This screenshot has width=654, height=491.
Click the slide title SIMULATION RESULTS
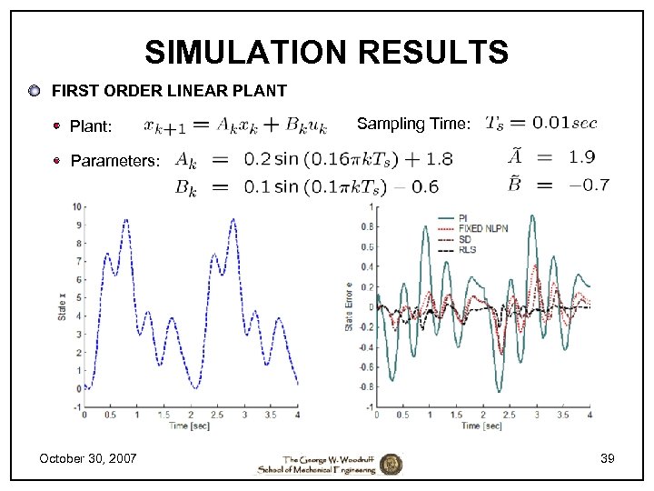click(326, 52)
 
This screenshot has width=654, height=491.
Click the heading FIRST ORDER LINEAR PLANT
click(169, 91)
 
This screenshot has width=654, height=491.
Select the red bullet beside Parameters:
click(57, 161)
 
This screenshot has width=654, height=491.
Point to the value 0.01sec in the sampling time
click(565, 122)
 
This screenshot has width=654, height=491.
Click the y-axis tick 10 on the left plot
click(78, 206)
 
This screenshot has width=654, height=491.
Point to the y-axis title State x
click(63, 306)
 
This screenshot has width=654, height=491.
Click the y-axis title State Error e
click(349, 306)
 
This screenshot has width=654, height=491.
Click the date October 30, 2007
click(88, 457)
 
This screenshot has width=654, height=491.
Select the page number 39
click(607, 458)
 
